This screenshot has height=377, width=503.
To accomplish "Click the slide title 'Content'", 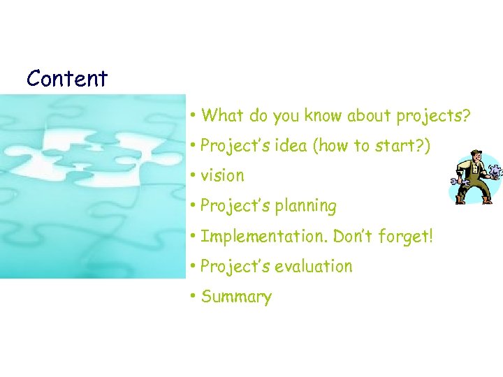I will pos(67,78).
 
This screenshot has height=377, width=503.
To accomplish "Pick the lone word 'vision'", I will pos(222,176).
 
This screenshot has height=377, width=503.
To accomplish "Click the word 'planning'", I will pos(305,206).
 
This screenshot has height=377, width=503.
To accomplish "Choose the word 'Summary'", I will pos(236,297).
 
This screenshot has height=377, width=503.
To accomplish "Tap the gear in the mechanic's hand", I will pos(495,171).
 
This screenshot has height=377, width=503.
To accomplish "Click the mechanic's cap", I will pos(475,153).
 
